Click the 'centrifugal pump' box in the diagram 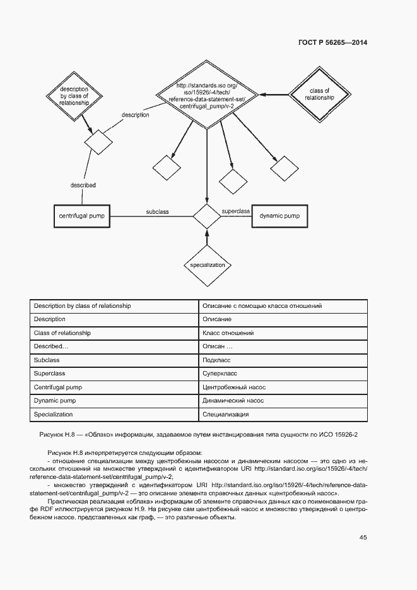click(x=82, y=216)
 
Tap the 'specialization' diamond click(x=208, y=265)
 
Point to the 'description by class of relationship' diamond click(x=73, y=94)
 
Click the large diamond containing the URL click(x=206, y=95)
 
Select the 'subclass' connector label click(x=157, y=212)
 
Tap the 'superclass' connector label click(x=237, y=211)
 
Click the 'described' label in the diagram click(x=83, y=185)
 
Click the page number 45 click(x=363, y=537)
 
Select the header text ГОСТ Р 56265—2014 click(x=332, y=43)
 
